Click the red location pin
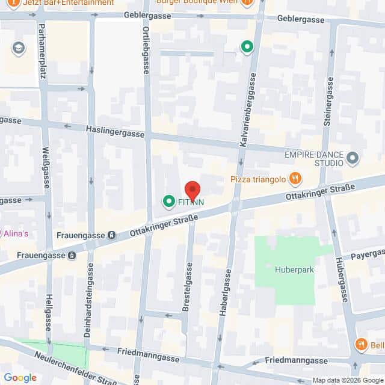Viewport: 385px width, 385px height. (x=192, y=191)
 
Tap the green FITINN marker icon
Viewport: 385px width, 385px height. (x=169, y=202)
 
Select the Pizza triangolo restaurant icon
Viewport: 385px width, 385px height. (x=295, y=178)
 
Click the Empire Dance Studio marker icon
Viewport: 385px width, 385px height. (x=353, y=158)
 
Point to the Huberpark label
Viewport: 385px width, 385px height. (x=295, y=270)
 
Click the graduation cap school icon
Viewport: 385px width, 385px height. (x=19, y=48)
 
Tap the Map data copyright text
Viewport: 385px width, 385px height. (x=347, y=380)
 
